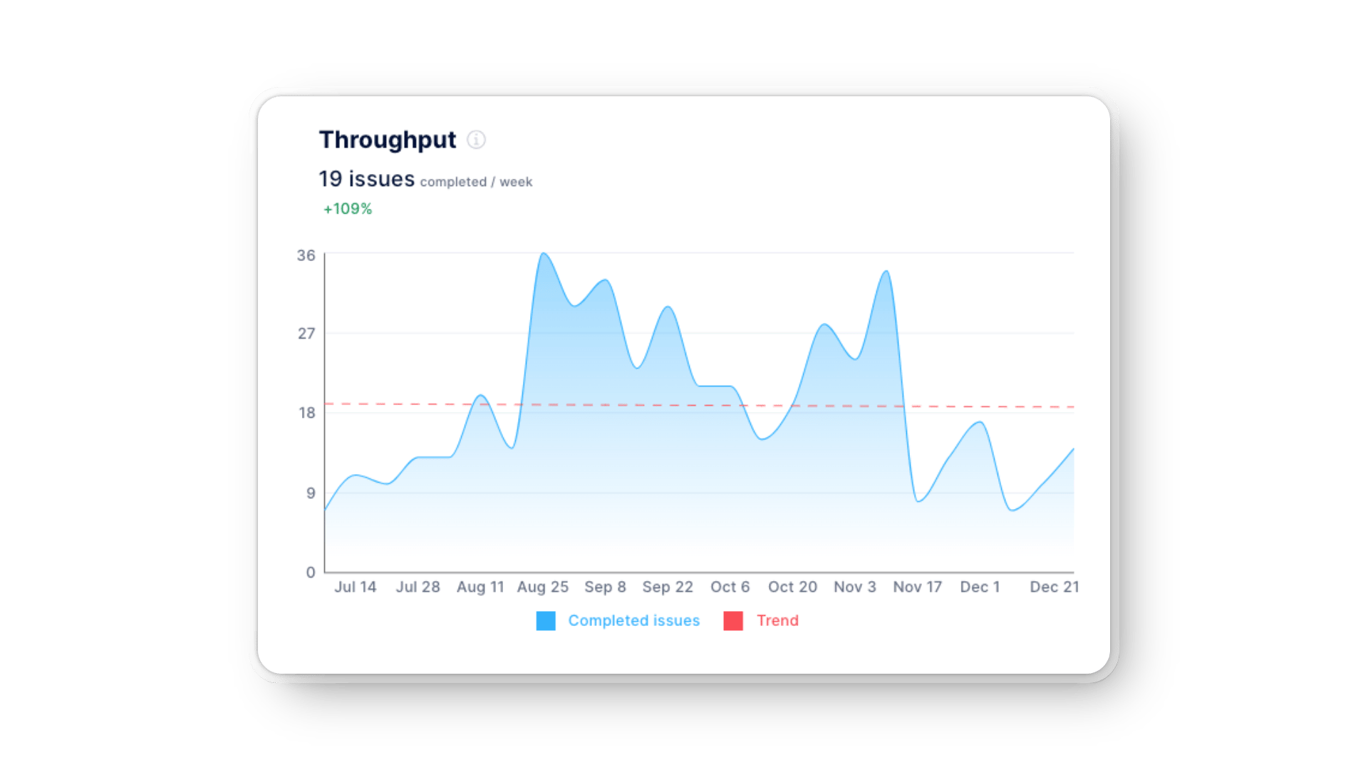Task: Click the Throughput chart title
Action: [387, 140]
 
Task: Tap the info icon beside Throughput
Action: [476, 140]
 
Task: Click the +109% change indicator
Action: [348, 209]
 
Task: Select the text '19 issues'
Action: [366, 179]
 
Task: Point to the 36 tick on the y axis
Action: [306, 255]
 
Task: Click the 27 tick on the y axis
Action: [306, 334]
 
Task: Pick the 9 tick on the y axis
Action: [311, 493]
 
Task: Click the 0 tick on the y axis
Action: [311, 572]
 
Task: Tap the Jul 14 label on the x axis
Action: [355, 587]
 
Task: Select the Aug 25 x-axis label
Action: [542, 587]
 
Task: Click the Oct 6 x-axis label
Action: [730, 587]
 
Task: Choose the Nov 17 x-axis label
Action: [917, 587]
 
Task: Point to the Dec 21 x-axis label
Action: [1054, 587]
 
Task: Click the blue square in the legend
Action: [546, 621]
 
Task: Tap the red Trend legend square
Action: [733, 621]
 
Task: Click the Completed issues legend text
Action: [633, 621]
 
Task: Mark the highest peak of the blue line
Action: [543, 253]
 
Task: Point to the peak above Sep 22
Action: [668, 307]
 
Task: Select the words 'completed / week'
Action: [476, 183]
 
